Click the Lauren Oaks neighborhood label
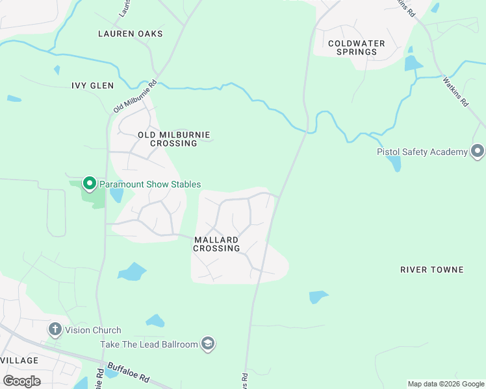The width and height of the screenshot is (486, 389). coord(130,33)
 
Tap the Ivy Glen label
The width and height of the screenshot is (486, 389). coord(92,86)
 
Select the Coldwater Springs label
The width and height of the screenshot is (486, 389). coord(356,47)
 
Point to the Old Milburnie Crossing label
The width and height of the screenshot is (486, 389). coord(173,139)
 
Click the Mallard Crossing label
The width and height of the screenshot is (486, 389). coord(216,244)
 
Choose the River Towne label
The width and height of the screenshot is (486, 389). coord(431,270)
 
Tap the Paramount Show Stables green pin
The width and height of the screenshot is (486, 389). coord(90,184)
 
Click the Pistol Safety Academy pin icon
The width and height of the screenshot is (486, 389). coord(478,152)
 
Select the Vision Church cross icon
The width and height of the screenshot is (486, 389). coord(55,330)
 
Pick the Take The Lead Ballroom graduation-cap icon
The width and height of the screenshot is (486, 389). coord(208,344)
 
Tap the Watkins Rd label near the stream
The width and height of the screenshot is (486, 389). coord(455,91)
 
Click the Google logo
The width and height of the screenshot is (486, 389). coord(21,381)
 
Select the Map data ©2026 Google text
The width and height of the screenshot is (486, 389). coord(446,384)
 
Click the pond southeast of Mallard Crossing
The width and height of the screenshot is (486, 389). coord(318,296)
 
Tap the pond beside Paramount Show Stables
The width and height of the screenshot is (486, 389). coord(116,194)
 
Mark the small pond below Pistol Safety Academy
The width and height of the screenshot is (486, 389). coord(394,163)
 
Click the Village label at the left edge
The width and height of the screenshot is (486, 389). coord(19,360)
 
